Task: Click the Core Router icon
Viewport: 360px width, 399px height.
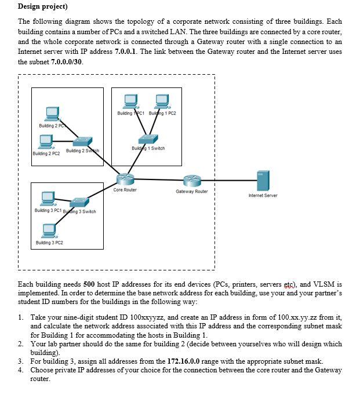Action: (x=124, y=179)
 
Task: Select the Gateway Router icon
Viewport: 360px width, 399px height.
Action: (x=191, y=181)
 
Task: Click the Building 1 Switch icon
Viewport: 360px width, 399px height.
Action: (x=149, y=139)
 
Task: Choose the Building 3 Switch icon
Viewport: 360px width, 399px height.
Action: (x=78, y=202)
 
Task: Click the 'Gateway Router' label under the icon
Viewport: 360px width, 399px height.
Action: (x=191, y=191)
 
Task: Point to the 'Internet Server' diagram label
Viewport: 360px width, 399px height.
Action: (x=263, y=196)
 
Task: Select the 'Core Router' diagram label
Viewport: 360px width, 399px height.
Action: (x=125, y=190)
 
